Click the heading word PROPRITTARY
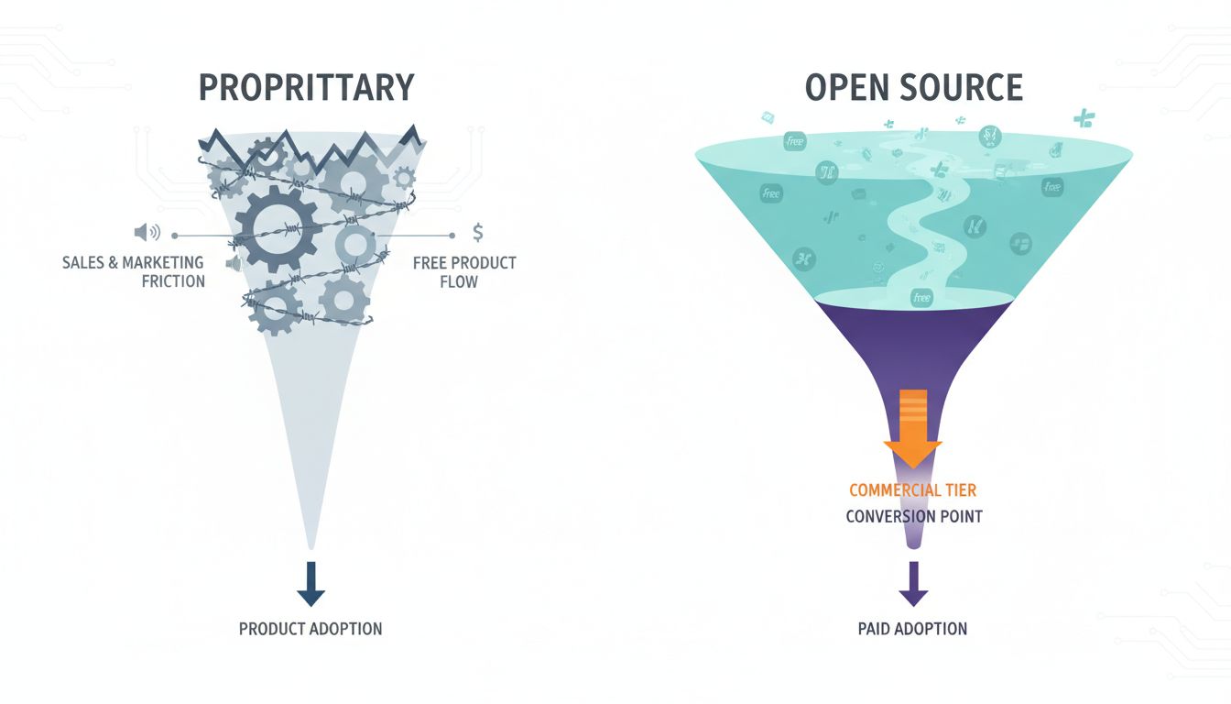click(306, 87)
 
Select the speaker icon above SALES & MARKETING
click(147, 233)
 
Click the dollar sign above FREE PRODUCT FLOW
click(478, 232)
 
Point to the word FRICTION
click(173, 281)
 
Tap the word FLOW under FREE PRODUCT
click(459, 281)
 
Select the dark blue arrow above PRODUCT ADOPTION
click(310, 584)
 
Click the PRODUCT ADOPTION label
click(310, 629)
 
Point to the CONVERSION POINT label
click(913, 516)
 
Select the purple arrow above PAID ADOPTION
click(912, 584)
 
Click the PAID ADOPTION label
click(912, 629)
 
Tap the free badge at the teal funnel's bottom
click(921, 297)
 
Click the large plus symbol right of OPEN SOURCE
click(1084, 117)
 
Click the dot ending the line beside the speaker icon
click(175, 234)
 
